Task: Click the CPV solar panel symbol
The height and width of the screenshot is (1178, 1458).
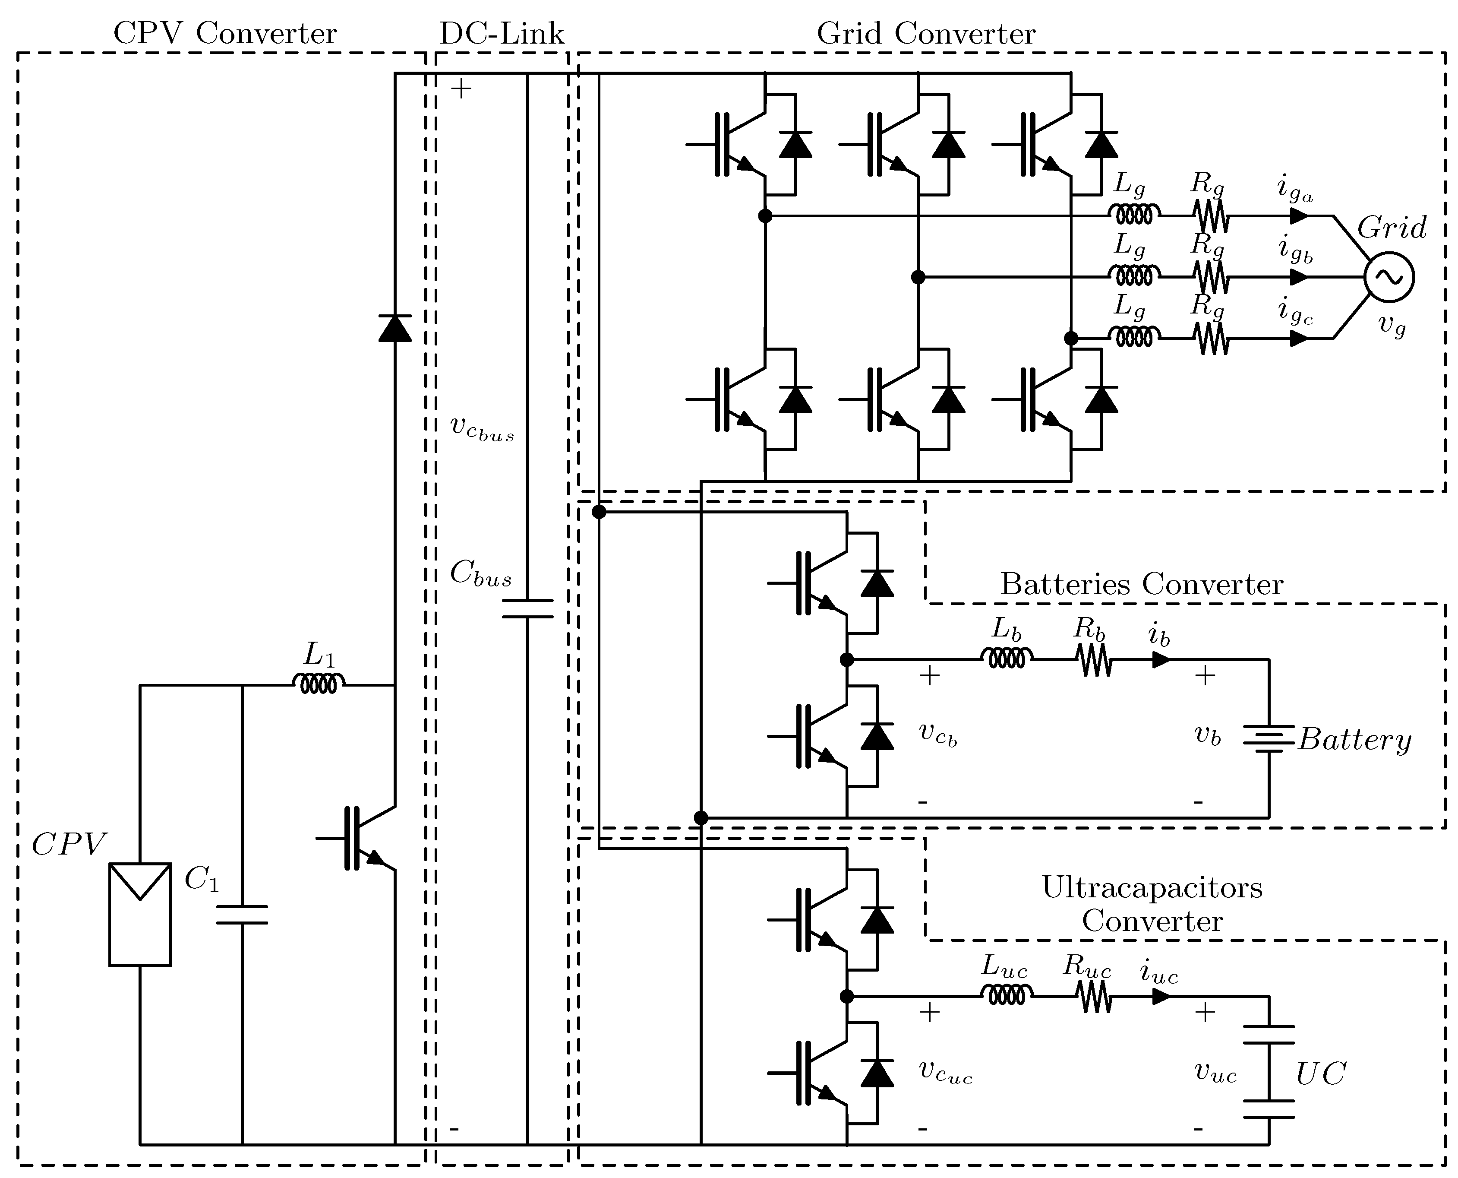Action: (140, 914)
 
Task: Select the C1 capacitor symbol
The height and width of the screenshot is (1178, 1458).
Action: (242, 915)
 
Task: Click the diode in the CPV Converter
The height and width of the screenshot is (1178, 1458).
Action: (394, 329)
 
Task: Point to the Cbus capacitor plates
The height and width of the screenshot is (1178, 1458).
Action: (527, 609)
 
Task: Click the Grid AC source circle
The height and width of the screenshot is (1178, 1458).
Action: (1389, 277)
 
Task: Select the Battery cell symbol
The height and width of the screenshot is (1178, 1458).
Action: (1268, 738)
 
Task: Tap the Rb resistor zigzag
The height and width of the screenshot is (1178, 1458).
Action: (1094, 659)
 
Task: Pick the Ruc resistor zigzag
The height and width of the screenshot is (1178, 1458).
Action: (1094, 996)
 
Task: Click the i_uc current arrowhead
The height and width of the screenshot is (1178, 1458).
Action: (1161, 996)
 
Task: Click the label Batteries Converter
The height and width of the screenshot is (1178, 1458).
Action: (1141, 584)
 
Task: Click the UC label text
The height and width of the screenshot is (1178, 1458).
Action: (1320, 1073)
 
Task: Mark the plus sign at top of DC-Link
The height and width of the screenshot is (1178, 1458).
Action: (461, 89)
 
